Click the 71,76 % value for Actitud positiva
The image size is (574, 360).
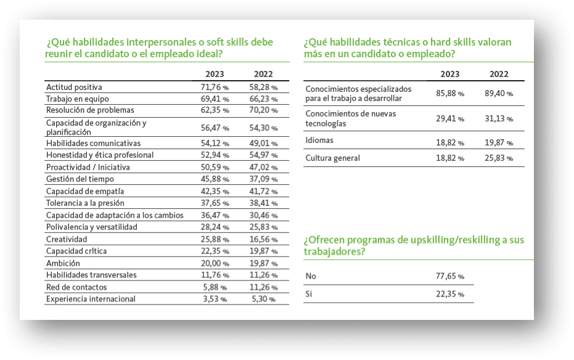(x=215, y=87)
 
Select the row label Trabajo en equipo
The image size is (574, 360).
(x=78, y=99)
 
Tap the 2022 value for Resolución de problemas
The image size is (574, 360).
(x=264, y=110)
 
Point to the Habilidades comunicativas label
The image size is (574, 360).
(x=93, y=143)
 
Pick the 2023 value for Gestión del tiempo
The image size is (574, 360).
(x=215, y=179)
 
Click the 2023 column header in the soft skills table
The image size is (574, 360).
(x=215, y=74)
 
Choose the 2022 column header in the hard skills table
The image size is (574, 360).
(x=499, y=74)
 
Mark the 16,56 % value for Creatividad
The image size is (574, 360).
(x=264, y=239)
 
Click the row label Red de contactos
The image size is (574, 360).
(x=76, y=287)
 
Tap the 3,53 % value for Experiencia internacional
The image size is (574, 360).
(x=215, y=299)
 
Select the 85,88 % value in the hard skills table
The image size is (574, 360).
(x=450, y=93)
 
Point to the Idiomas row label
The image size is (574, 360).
(x=319, y=140)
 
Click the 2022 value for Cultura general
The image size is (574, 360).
(x=499, y=158)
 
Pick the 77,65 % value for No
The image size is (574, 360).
(x=450, y=276)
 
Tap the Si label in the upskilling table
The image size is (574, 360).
(x=309, y=294)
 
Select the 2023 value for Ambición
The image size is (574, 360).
(x=215, y=263)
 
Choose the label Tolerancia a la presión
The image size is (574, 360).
(x=85, y=203)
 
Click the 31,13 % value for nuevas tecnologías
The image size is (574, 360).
(x=499, y=118)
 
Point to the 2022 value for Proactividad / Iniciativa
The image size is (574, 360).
(x=264, y=167)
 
